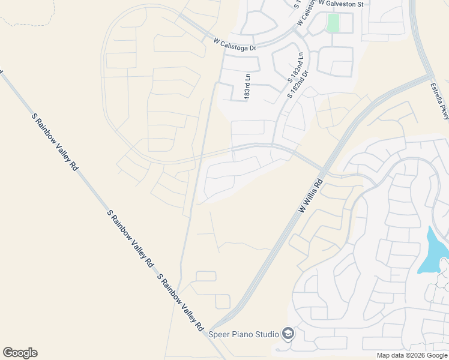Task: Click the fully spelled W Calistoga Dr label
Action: [x=235, y=44]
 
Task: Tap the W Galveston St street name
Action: [x=341, y=4]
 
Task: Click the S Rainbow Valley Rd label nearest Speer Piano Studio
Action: [x=179, y=302]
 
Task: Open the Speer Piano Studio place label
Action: [x=243, y=334]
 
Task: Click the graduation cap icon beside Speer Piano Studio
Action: [x=288, y=334]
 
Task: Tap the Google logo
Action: [x=20, y=353]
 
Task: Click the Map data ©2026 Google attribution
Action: [x=411, y=355]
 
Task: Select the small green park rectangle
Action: [x=333, y=23]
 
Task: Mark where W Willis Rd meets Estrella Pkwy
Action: [x=431, y=77]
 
